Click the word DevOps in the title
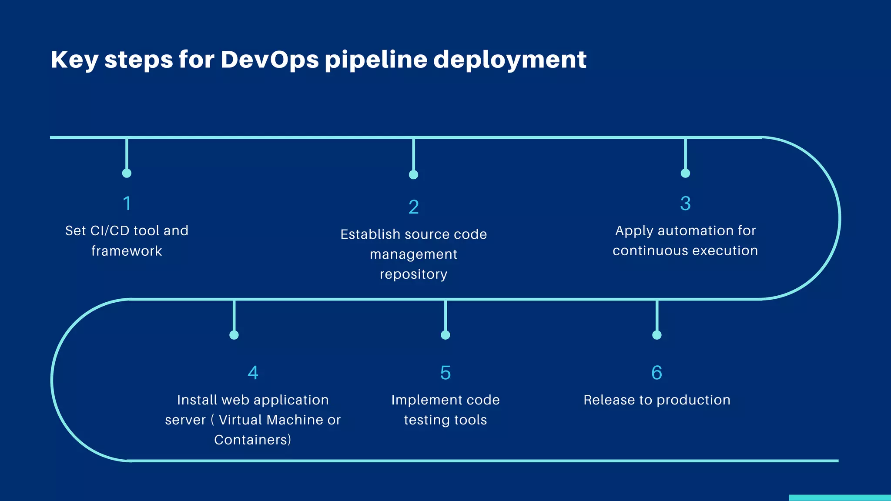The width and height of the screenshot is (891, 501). (x=270, y=60)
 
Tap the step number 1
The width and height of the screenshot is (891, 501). (x=127, y=204)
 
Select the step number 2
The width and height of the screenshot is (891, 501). (x=413, y=207)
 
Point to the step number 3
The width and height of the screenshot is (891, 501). (x=685, y=204)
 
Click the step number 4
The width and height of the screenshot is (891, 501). (x=253, y=373)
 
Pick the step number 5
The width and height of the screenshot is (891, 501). (x=445, y=373)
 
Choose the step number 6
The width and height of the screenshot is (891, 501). (x=657, y=373)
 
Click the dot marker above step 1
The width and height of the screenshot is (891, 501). (x=127, y=173)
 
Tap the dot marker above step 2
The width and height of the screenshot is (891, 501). (x=413, y=175)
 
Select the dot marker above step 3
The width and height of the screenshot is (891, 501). (x=685, y=173)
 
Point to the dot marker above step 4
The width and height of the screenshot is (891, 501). (x=234, y=335)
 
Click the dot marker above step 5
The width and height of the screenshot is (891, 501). (x=445, y=335)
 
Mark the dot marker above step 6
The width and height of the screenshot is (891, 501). (x=657, y=335)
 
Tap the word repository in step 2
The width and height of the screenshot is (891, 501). (x=413, y=274)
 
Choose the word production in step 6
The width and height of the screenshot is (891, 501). (x=693, y=400)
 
